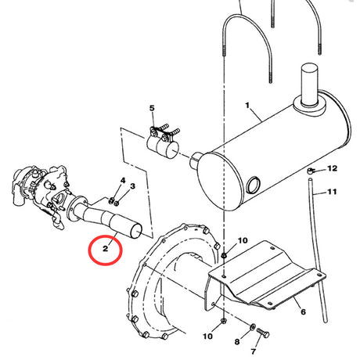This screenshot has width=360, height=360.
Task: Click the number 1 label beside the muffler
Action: (x=247, y=104)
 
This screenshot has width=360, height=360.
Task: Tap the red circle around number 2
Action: (x=106, y=250)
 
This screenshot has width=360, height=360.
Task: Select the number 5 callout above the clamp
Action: (x=152, y=107)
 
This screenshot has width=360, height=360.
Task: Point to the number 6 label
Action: (x=302, y=311)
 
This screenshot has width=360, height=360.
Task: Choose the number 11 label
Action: (x=332, y=191)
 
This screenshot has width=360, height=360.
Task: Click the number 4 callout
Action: (x=123, y=182)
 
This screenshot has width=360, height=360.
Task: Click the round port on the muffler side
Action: (x=253, y=185)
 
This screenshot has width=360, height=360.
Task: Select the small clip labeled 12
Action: (x=311, y=170)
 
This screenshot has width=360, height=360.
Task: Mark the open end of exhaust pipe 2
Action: (x=136, y=230)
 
